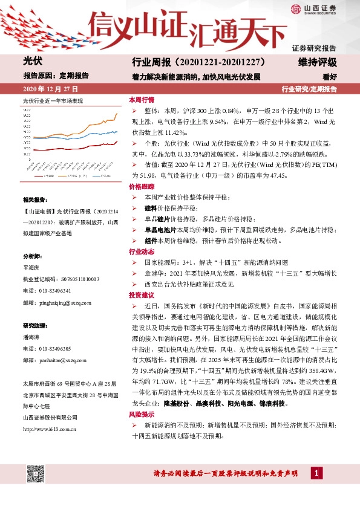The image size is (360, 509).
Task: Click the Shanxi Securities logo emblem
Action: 296,8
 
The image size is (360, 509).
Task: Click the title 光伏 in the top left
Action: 31,61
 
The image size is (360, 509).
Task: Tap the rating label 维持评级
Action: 316,62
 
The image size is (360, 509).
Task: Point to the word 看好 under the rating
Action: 329,76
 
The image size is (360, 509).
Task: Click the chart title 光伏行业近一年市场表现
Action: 52,100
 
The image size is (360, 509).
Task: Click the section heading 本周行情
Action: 141,100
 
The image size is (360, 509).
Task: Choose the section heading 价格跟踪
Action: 141,188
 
